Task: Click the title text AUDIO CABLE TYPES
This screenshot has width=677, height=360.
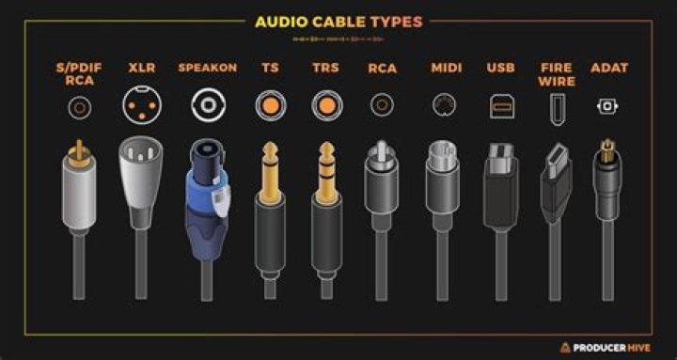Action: [338, 22]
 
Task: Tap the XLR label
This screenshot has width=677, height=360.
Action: [142, 69]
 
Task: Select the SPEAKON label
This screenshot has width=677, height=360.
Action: [205, 69]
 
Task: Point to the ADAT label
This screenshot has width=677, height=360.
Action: [608, 69]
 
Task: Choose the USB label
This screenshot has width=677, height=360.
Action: [500, 69]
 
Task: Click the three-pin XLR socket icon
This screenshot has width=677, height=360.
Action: [141, 105]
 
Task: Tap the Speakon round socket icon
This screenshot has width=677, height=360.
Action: [205, 105]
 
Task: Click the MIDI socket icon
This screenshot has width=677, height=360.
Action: [445, 105]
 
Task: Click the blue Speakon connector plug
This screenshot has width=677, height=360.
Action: [205, 197]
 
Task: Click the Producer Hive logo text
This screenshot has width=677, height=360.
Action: [616, 344]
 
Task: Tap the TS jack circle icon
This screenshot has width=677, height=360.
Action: [268, 105]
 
